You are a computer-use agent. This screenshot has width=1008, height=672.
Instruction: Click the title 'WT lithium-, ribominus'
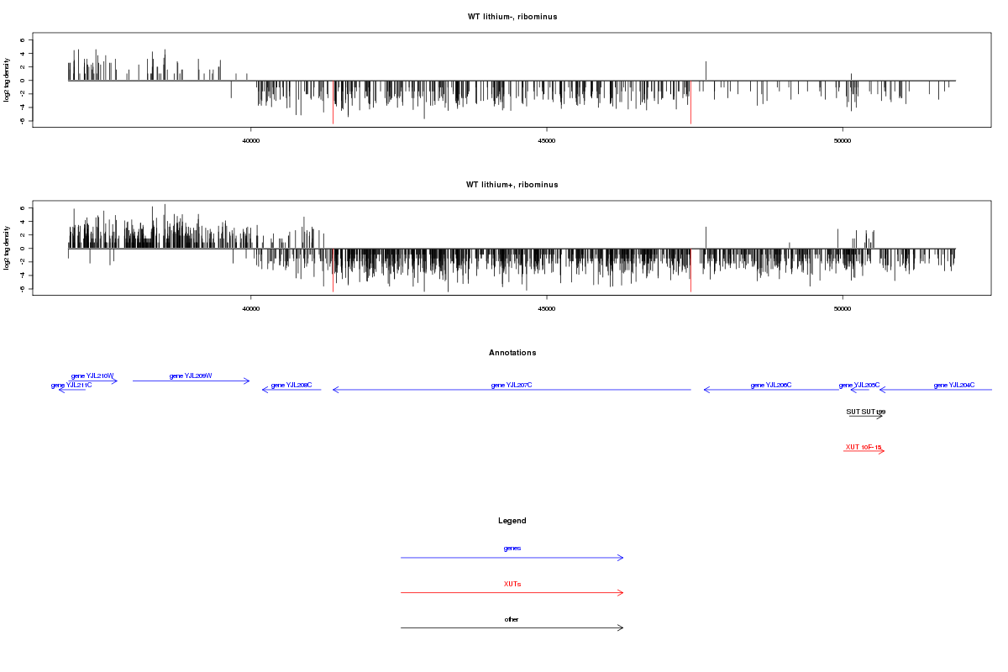[x=512, y=17]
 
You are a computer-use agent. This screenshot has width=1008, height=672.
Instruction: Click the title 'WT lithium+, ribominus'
[x=512, y=185]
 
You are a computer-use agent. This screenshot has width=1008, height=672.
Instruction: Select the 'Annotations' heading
[x=512, y=353]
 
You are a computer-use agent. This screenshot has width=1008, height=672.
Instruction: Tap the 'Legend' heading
[x=512, y=521]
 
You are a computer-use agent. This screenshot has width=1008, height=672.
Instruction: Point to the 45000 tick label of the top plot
[x=547, y=141]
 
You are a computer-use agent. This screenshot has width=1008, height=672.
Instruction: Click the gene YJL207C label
[x=512, y=385]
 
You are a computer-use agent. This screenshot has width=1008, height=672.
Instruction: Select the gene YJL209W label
[x=191, y=375]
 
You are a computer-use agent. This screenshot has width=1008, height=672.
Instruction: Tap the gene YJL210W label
[x=92, y=375]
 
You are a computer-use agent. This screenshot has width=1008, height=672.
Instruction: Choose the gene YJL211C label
[x=71, y=385]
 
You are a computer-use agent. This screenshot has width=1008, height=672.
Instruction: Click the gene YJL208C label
[x=291, y=385]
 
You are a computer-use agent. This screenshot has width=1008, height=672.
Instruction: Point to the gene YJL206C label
[x=771, y=385]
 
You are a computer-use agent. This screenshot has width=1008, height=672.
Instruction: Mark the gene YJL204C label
[x=954, y=385]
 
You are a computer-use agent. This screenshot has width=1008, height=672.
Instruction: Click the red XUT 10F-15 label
[x=864, y=447]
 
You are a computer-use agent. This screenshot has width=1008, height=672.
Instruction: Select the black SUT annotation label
[x=865, y=412]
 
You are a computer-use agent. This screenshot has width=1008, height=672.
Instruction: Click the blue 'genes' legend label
[x=512, y=548]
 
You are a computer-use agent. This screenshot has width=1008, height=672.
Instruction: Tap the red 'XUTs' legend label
[x=512, y=583]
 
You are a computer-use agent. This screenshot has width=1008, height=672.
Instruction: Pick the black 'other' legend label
[x=512, y=619]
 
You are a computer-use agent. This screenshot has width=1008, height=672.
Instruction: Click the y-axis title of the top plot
[x=8, y=81]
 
